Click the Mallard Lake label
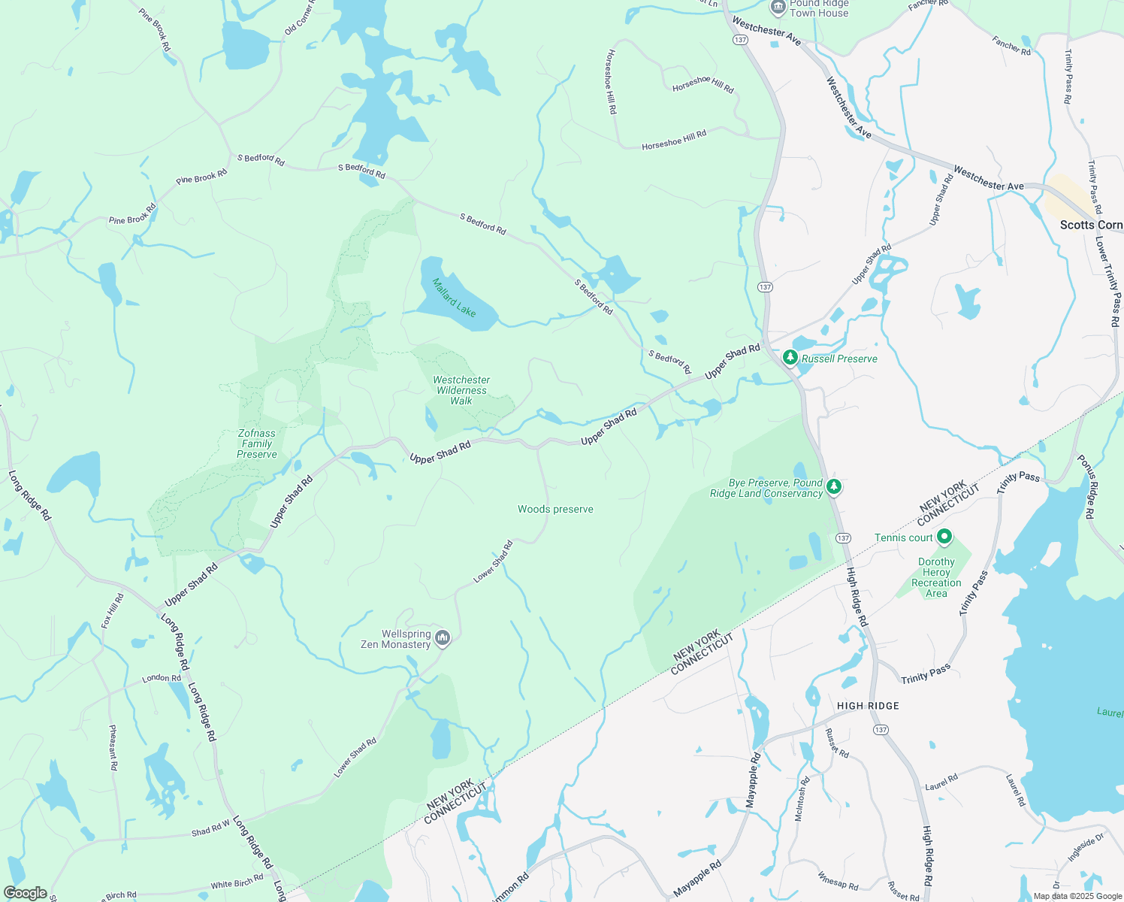tap(454, 297)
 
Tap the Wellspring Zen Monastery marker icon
tap(443, 639)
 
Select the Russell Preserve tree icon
tap(790, 358)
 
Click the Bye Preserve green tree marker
tap(833, 487)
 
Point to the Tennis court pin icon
tap(944, 537)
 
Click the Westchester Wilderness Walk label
tap(461, 390)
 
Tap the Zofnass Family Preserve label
tap(257, 443)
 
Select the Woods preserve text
tap(555, 509)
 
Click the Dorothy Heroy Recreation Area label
tap(936, 577)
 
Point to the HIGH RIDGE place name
tap(868, 706)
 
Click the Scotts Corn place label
tap(1091, 225)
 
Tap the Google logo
tap(25, 893)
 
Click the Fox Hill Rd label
tap(113, 610)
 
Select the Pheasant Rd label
tap(113, 747)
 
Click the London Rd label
tap(162, 678)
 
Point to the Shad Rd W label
tap(210, 831)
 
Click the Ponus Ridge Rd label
tap(1086, 486)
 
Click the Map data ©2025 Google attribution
tap(1077, 896)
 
